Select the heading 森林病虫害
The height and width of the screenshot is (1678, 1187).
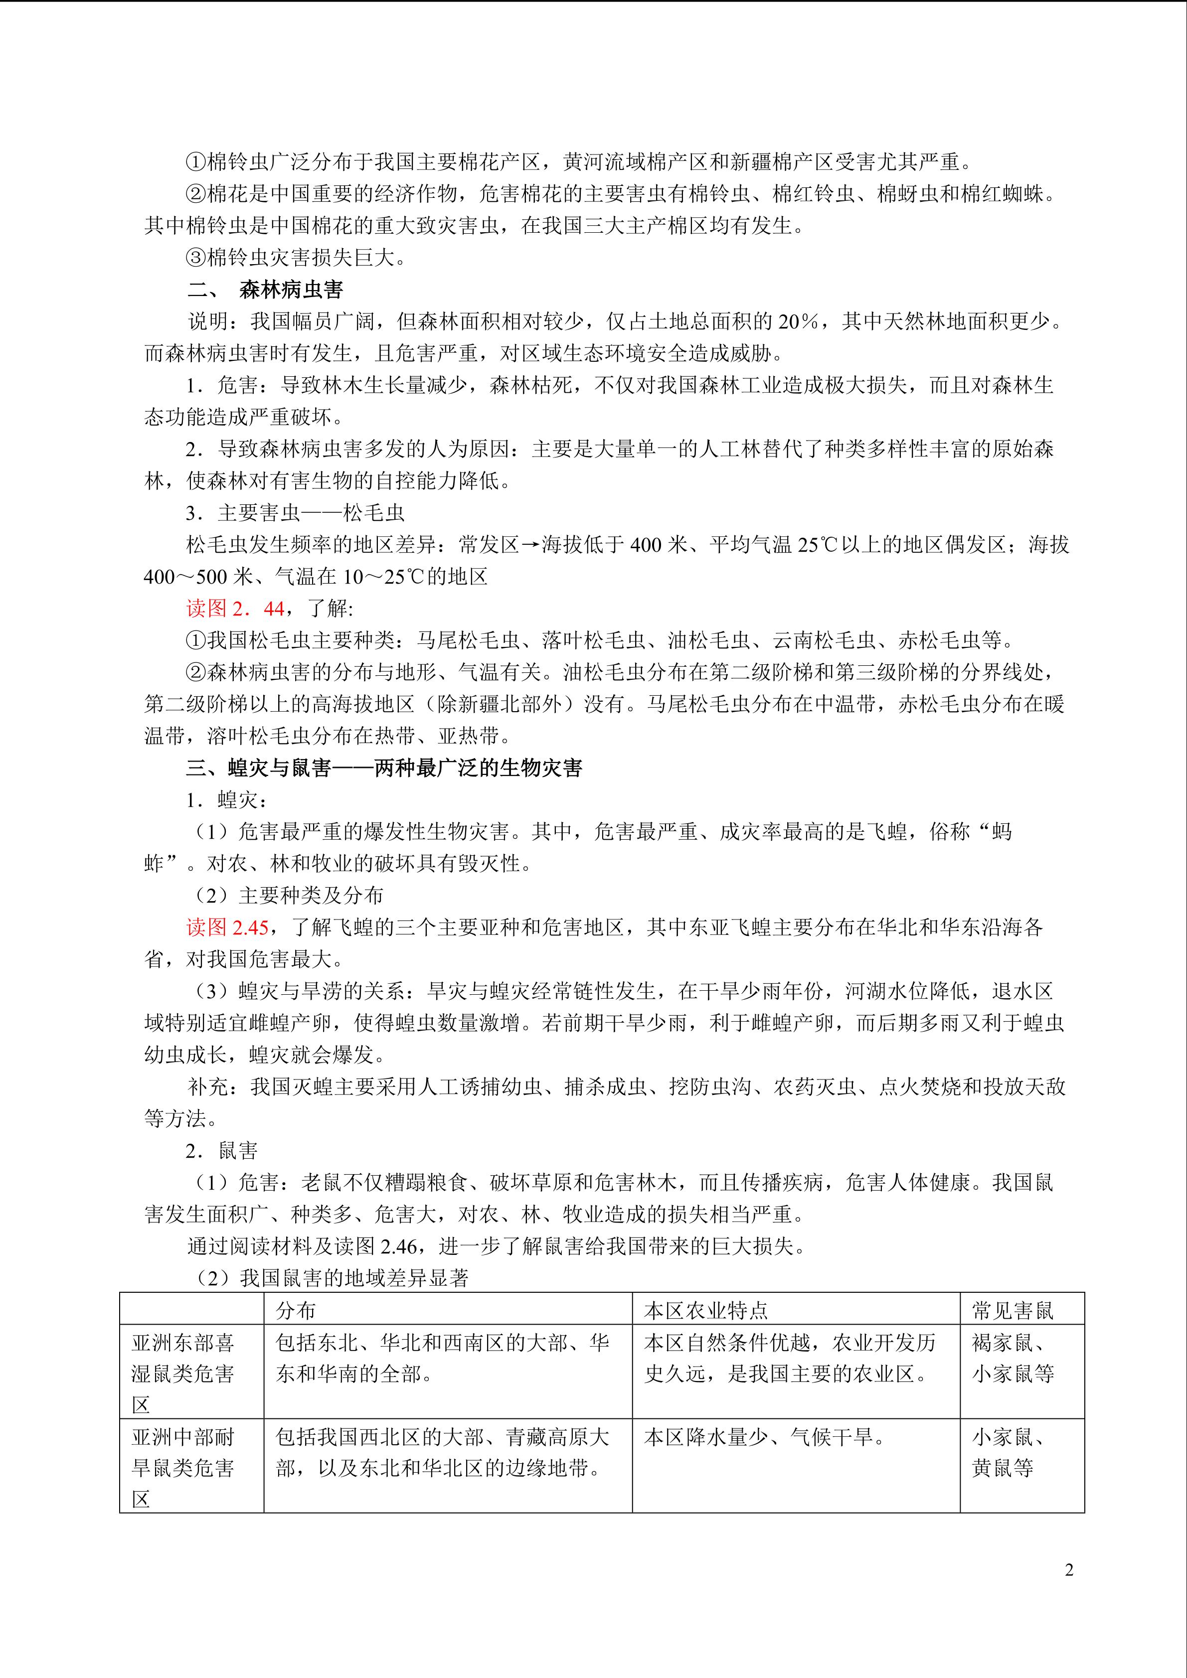click(291, 290)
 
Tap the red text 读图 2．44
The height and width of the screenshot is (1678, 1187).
click(235, 608)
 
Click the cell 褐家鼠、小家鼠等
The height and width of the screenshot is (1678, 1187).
click(1013, 1358)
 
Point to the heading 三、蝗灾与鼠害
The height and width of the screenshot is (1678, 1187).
click(384, 768)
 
